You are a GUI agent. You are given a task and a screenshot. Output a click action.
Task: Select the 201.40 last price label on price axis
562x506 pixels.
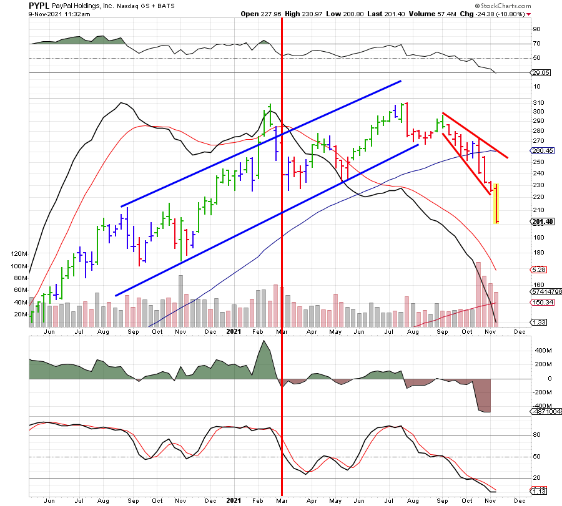click(x=542, y=221)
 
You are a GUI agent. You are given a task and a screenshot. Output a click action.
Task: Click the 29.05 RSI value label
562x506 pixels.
click(x=541, y=73)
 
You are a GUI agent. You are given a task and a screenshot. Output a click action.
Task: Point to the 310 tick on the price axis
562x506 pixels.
click(x=537, y=102)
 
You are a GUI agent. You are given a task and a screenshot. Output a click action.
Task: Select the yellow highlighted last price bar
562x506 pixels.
click(x=497, y=203)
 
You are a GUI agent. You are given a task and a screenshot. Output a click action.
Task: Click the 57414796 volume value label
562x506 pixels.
click(x=545, y=291)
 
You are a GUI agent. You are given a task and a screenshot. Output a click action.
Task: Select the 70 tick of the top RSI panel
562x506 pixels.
click(x=536, y=44)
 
